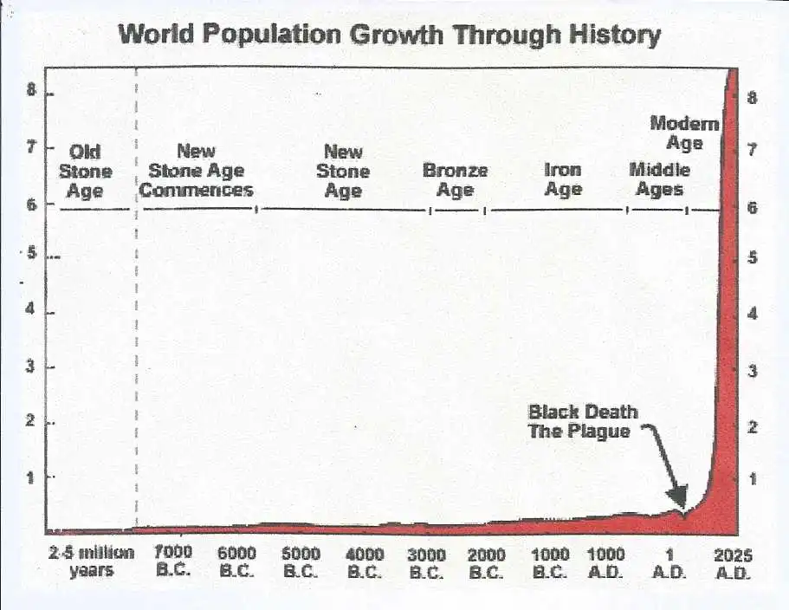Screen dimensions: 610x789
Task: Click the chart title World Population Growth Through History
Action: point(389,35)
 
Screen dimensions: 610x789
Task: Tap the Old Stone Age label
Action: point(85,172)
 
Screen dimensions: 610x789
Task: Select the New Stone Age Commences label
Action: point(197,171)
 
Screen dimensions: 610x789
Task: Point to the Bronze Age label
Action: point(455,179)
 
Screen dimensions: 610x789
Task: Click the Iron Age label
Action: point(563,179)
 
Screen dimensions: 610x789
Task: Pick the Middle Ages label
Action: point(659,179)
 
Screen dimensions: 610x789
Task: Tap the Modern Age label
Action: point(684,133)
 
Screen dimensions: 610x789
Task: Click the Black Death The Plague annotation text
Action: point(582,421)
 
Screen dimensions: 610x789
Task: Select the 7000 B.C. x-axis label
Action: point(173,561)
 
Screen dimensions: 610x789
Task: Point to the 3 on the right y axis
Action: point(752,372)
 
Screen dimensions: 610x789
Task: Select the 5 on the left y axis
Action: point(31,255)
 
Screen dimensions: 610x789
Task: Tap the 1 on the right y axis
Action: point(752,478)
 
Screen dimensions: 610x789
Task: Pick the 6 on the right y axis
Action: point(752,208)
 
